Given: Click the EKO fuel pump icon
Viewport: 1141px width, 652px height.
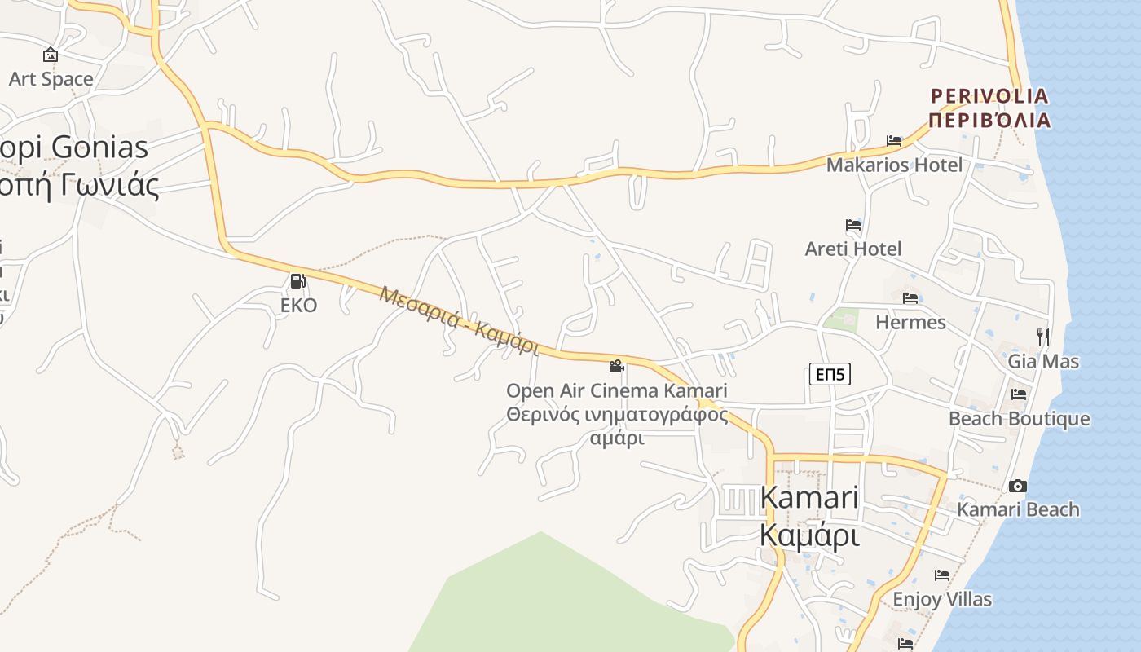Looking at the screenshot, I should [x=297, y=281].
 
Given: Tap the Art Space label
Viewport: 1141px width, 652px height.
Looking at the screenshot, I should [x=51, y=79].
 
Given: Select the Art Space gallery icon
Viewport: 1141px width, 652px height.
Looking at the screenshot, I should [x=51, y=55].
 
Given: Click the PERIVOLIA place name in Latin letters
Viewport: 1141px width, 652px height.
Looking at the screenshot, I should [x=989, y=96].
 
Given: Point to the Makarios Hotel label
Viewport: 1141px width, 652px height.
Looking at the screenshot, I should [x=894, y=165].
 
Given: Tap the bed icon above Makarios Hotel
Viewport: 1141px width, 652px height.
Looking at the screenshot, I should [x=894, y=140].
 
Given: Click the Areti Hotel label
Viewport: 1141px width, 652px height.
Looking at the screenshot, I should [x=853, y=249].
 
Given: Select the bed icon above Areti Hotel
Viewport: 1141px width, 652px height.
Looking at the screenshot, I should [x=853, y=224].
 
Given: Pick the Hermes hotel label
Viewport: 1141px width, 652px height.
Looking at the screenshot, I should [x=910, y=322].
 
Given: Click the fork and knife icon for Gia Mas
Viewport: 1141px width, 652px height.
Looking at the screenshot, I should [x=1043, y=337].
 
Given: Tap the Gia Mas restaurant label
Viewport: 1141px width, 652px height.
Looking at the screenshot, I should [x=1043, y=361].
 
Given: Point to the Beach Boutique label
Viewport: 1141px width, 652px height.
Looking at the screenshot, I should [x=1019, y=419].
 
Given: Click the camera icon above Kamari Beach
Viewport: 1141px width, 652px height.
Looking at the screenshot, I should [x=1018, y=486].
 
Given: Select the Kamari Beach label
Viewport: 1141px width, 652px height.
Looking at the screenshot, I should [x=1018, y=509].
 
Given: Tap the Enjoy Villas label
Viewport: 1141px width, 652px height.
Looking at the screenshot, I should [x=942, y=599].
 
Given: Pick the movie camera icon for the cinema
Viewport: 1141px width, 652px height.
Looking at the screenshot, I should [x=616, y=366].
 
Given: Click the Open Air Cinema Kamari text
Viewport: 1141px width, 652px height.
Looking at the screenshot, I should [x=616, y=391].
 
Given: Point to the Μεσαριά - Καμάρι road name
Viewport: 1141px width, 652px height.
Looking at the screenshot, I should [x=459, y=320].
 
